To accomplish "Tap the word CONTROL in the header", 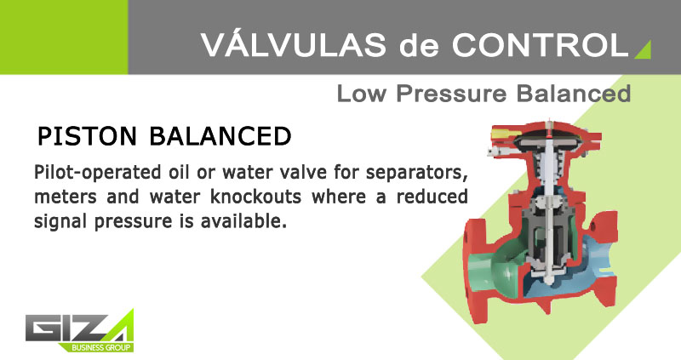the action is tap(541, 44).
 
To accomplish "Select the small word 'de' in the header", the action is tap(419, 45).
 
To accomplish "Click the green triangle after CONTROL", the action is tap(644, 51).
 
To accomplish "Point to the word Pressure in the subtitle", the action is tap(451, 94).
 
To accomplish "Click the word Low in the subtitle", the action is tap(361, 94).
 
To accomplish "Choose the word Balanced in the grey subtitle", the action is tap(574, 94).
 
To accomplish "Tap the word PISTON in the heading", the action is tap(88, 136).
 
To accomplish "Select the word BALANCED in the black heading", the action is tap(220, 136).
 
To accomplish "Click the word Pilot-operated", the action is tap(97, 173).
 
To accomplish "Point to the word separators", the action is tap(416, 174).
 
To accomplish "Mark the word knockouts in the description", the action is tap(256, 197).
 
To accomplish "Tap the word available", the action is tap(243, 221).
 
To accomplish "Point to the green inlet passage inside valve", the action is tap(499, 266).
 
